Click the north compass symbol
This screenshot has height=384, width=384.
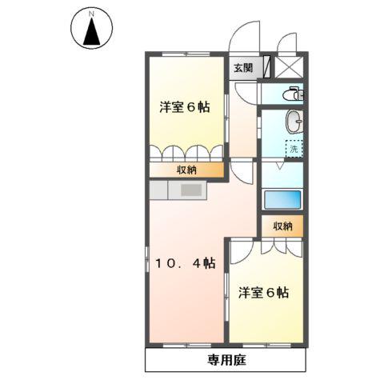coord(91,30)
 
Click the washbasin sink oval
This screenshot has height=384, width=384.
coord(295,122)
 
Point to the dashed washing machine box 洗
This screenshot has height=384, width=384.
coord(294,148)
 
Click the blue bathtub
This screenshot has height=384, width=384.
coord(282,200)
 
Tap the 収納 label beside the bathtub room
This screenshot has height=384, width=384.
coord(282,226)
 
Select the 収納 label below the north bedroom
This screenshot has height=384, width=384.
coord(186,170)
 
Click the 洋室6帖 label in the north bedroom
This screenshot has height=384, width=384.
coord(184,106)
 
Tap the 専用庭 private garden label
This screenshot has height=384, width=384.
coord(226,360)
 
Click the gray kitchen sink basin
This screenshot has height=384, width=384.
coord(192,190)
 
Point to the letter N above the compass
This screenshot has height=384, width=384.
coord(91,14)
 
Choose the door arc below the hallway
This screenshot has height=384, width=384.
coord(242,170)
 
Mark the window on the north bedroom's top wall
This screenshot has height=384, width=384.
coord(185,54)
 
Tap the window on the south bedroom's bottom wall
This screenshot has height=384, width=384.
coord(266,345)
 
